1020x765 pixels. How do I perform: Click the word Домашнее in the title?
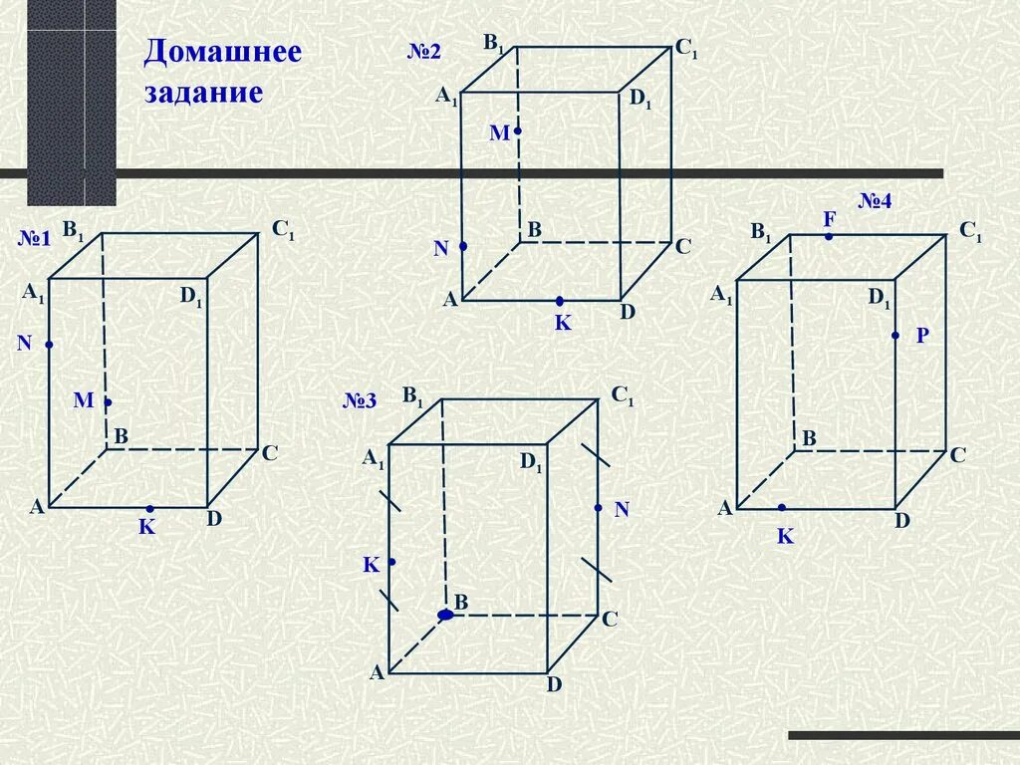tap(222, 52)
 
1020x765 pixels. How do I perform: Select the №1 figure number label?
tap(35, 239)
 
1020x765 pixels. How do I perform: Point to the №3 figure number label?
tap(360, 401)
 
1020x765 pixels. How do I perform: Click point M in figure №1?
tap(108, 402)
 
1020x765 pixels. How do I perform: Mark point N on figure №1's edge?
tap(48, 345)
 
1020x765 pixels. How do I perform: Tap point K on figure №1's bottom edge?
tap(149, 508)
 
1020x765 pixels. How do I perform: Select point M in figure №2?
tap(518, 130)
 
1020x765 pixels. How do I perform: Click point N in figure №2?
tap(463, 245)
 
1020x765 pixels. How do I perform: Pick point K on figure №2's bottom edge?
tap(560, 301)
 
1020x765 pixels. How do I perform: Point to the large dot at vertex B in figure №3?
tap(445, 615)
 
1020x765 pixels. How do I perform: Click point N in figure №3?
tap(598, 508)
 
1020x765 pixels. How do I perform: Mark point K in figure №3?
tap(391, 562)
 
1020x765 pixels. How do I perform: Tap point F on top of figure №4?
tap(829, 236)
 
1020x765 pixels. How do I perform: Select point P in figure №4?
tap(895, 336)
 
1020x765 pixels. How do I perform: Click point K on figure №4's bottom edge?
tap(782, 508)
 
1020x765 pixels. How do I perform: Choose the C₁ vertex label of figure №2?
tap(686, 47)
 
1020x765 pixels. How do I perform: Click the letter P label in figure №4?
tap(922, 337)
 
